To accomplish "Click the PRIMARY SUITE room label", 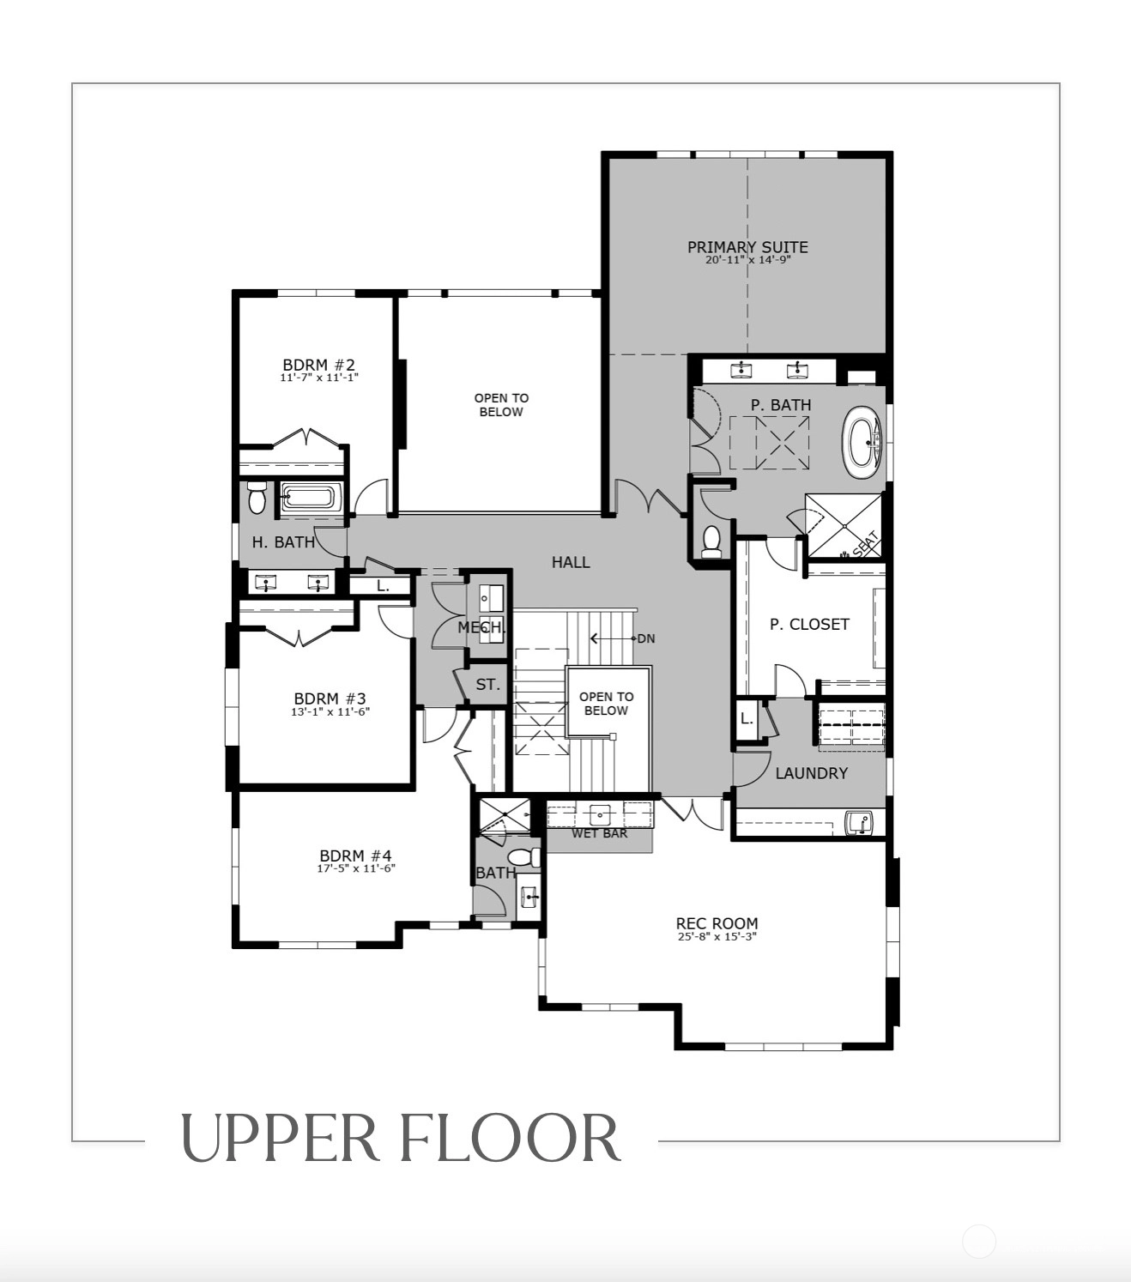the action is pos(747,247).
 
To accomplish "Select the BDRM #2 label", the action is pos(318,365).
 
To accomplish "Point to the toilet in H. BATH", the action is pos(257,498).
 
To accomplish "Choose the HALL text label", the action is pos(571,562).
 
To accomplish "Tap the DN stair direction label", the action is pos(645,638).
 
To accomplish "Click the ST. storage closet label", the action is pos(487,684).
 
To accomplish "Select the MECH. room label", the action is pos(481,628).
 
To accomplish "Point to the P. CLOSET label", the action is pos(809,624).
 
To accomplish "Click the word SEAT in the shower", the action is pos(864,543).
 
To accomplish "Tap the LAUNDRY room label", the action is pos(812,772).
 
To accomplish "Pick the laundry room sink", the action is pos(858,823).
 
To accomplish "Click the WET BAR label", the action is pos(599,833).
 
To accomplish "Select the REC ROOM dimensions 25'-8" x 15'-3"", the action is pos(717,936).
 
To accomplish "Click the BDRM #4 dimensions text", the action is pos(356,868).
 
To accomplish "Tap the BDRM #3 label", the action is pos(330,698).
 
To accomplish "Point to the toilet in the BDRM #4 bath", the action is pos(523,857).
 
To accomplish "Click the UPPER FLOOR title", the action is pos(401,1139).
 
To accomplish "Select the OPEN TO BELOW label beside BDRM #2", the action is pos(501,405).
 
